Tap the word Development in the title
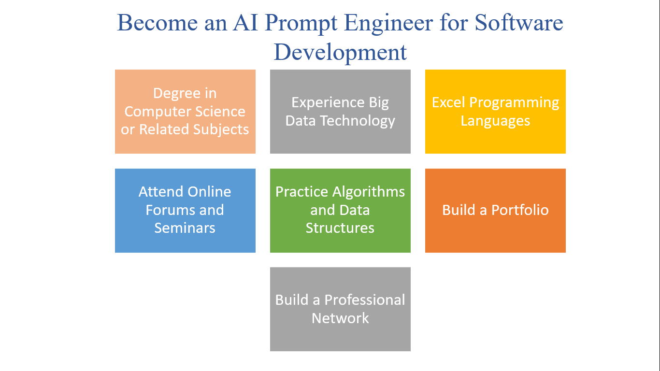340,52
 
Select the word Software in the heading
519,23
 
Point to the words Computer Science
185,112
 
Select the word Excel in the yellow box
449,102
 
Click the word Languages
495,121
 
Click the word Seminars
185,228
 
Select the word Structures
340,228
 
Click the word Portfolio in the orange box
520,210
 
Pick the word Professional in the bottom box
365,300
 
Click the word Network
340,318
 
